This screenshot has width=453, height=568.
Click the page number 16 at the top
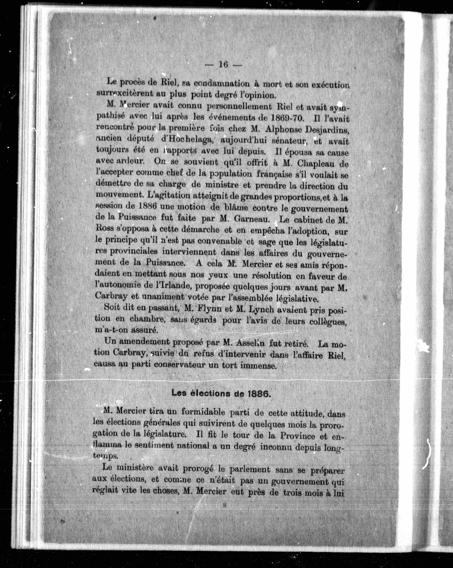click(x=223, y=64)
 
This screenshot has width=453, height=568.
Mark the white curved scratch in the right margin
click(x=428, y=454)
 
